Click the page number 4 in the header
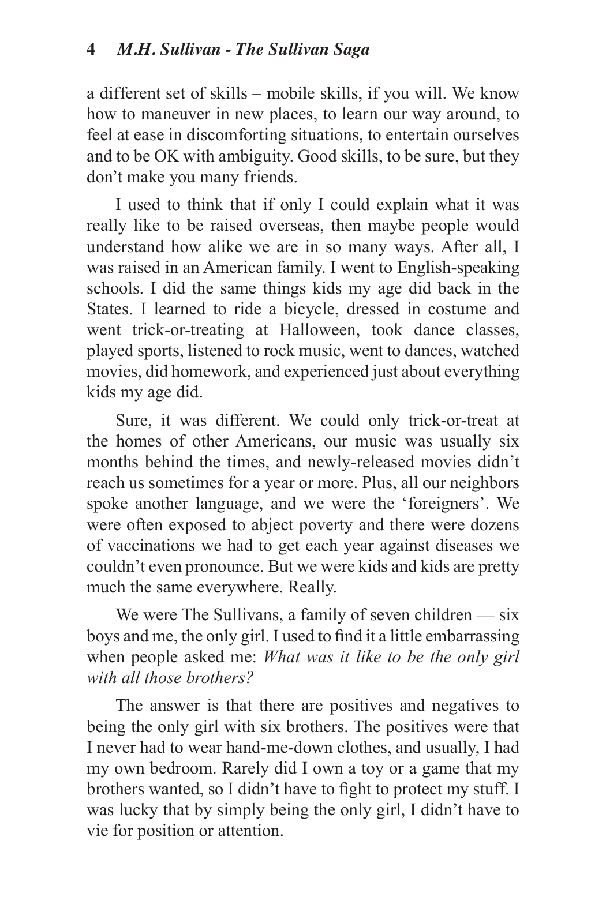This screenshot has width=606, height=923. pyautogui.click(x=91, y=50)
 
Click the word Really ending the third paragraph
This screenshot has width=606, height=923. pyautogui.click(x=312, y=587)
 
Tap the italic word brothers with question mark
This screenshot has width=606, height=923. pyautogui.click(x=220, y=678)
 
